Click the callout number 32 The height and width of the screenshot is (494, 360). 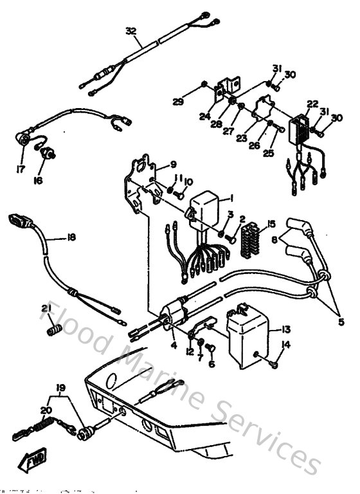(130, 31)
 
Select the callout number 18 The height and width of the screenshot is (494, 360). (71, 237)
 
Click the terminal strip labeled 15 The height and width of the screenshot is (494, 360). (249, 242)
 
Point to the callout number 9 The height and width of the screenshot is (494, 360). (173, 164)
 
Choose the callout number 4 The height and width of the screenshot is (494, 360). (174, 345)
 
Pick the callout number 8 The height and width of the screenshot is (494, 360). (276, 238)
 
